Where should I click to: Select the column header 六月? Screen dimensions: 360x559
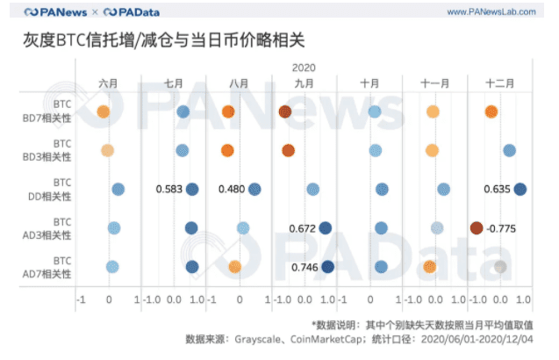[108, 83]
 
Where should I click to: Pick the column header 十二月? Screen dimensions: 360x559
[501, 83]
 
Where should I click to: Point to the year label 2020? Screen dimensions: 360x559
[303, 67]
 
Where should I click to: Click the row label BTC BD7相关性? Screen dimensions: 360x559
[61, 111]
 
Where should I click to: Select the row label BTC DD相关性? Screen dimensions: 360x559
[61, 189]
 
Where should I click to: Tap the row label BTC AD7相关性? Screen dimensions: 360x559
[61, 267]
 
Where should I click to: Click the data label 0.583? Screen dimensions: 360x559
[168, 189]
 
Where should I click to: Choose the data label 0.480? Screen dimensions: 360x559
[231, 189]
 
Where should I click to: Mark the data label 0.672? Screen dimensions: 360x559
[302, 228]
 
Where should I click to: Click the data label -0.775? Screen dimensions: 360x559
[502, 228]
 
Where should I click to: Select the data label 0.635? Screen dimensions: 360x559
[498, 189]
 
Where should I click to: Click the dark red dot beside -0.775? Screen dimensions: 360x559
[477, 228]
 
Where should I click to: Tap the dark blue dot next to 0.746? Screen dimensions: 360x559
[327, 267]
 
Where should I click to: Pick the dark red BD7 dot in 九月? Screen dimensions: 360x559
[285, 112]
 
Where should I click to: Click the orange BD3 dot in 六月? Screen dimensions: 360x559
[107, 150]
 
